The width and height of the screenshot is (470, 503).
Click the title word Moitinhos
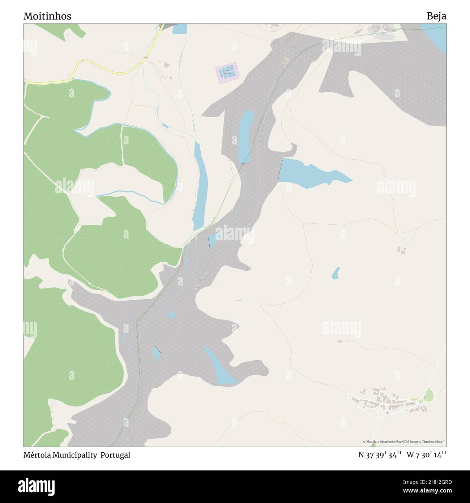47,16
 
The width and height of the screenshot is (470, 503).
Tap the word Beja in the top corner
436,16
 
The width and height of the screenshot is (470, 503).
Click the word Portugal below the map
115,455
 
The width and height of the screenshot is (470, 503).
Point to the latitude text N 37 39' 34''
380,455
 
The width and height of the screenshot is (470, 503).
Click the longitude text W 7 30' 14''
426,455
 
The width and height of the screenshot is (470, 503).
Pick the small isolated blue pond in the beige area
336,273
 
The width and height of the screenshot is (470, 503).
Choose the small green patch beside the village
429,394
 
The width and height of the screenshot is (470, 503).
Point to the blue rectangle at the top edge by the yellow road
180,29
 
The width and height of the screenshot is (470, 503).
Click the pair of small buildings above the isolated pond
401,250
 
